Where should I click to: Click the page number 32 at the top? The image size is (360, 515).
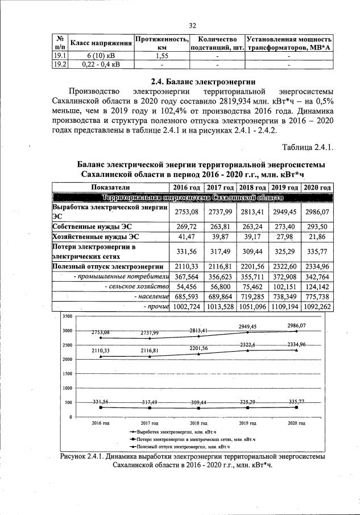pyautogui.click(x=192, y=25)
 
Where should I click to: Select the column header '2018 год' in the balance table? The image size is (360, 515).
pyautogui.click(x=253, y=187)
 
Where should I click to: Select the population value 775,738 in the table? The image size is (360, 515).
pyautogui.click(x=317, y=296)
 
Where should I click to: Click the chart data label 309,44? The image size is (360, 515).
pyautogui.click(x=199, y=401)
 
